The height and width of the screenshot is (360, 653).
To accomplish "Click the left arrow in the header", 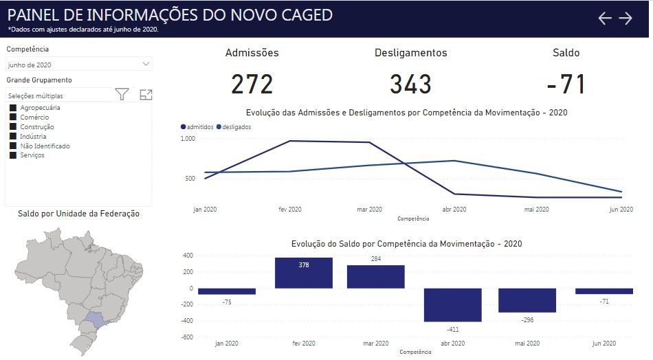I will coord(604,19).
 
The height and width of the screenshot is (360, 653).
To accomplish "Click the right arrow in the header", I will coord(626,19).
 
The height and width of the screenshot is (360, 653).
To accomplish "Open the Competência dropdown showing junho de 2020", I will coord(78,64).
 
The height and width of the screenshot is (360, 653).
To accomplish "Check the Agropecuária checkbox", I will coord(13,108).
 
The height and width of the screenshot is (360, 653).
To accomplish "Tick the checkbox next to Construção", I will coord(13,127).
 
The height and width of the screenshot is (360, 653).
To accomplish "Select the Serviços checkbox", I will coord(13,155).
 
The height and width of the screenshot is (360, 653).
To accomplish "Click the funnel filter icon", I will coord(122,95).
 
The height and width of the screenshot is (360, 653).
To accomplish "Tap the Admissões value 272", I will coord(252,84).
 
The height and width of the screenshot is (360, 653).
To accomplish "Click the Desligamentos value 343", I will coord(410,84).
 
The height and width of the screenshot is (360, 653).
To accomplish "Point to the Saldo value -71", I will coord(566,84).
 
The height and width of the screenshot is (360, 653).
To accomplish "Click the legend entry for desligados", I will coord(234,127).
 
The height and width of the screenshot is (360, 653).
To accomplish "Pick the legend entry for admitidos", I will coord(197,127).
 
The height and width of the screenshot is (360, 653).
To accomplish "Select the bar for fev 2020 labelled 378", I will coord(303,273).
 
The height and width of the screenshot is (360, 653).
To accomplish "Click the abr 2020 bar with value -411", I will coord(452,304).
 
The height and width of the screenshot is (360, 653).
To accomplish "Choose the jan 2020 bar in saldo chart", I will coord(227,291).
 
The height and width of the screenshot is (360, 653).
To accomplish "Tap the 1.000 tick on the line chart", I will coord(188,139).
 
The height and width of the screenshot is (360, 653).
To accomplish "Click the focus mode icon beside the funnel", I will coord(146,95).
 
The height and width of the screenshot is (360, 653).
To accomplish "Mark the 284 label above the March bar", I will coord(375,259).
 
